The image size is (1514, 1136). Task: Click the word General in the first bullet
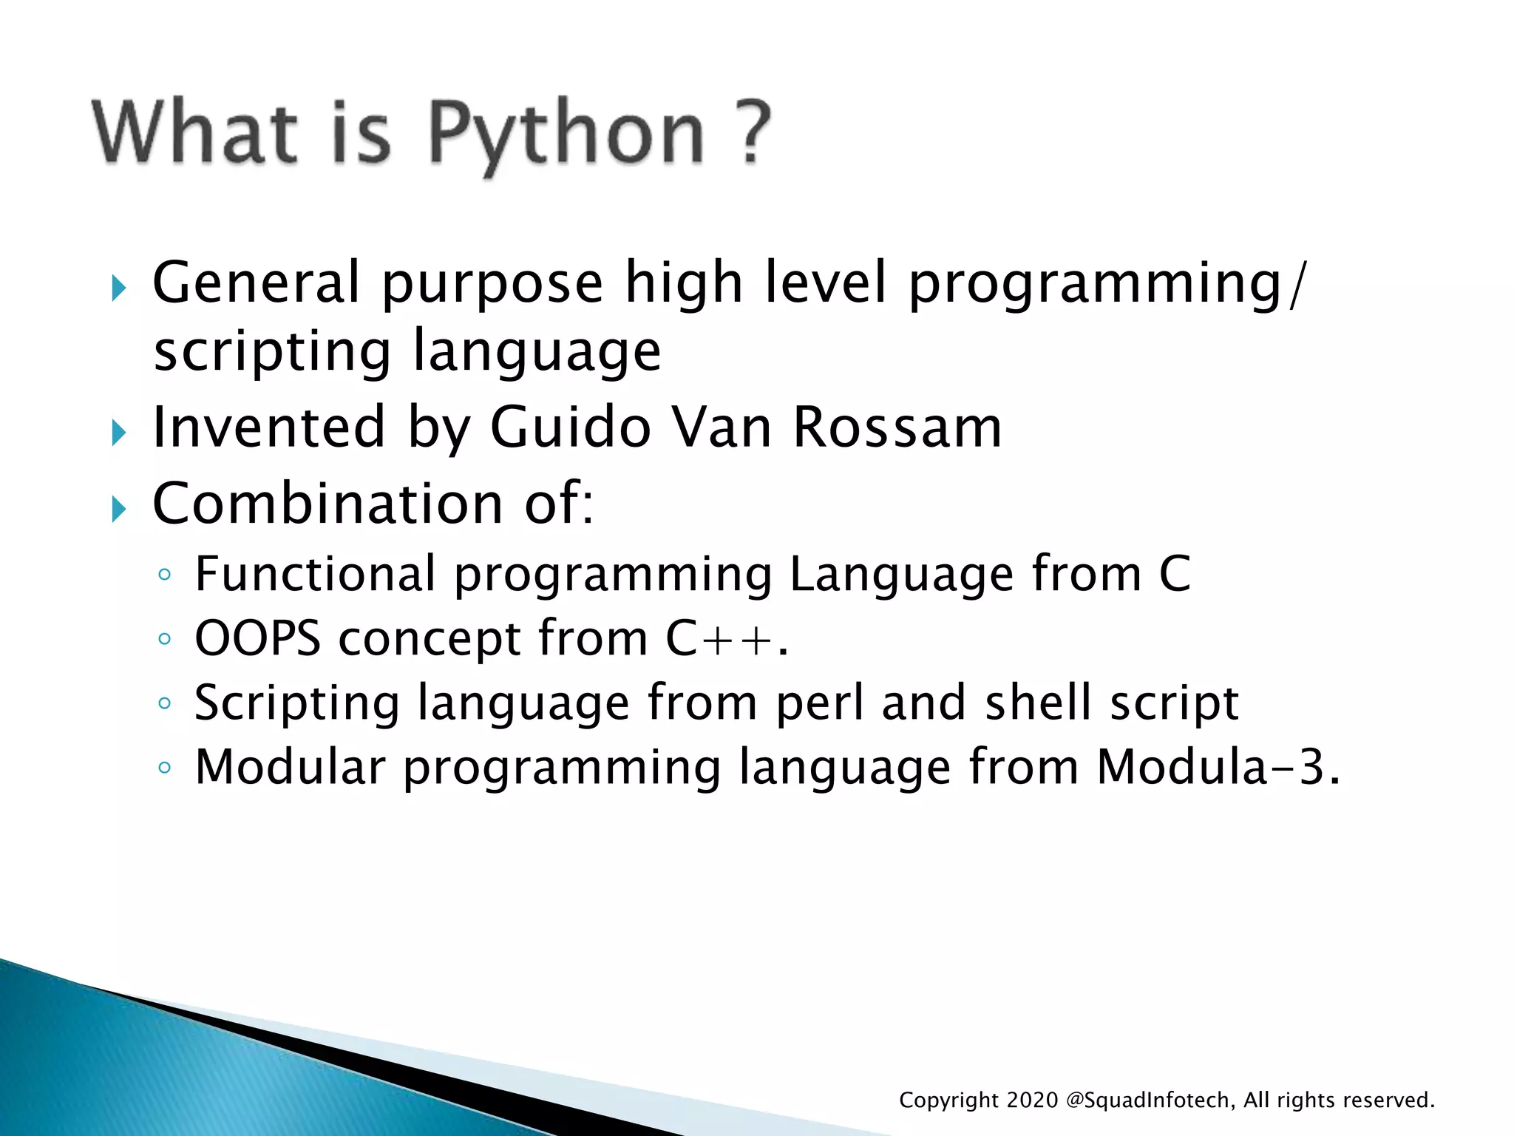[256, 283]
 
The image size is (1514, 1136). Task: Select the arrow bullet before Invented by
[119, 432]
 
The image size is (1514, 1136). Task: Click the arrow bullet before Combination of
[119, 509]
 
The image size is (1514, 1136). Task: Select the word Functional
[315, 574]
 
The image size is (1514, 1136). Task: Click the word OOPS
[257, 638]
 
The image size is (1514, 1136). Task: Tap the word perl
[819, 703]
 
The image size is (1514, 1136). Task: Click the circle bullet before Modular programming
[165, 768]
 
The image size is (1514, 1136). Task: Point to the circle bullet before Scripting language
[165, 703]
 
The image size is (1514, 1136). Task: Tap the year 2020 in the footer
[1032, 1100]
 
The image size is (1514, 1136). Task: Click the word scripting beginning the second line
[272, 352]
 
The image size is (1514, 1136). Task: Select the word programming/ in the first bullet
[1107, 284]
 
